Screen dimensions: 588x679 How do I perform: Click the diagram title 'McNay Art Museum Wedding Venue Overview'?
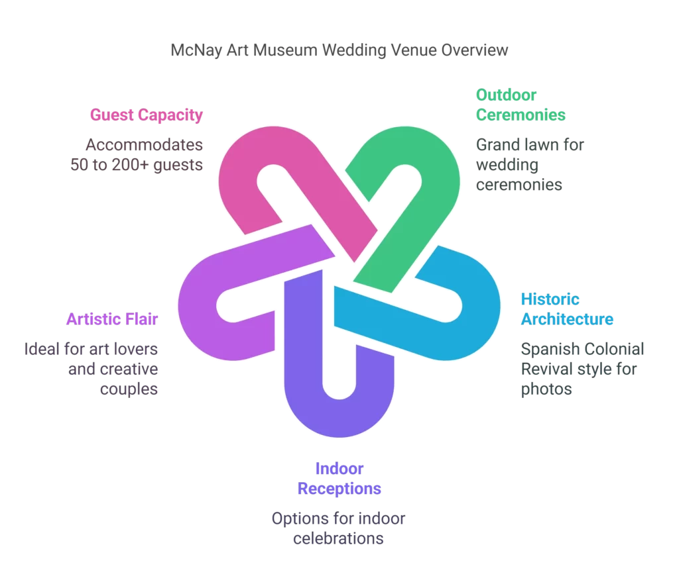339,50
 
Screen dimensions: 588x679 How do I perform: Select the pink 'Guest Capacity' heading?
147,115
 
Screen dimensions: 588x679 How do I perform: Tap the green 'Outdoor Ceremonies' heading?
521,105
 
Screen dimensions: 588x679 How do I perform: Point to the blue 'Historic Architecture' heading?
567,309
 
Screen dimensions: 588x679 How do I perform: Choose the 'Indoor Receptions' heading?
339,479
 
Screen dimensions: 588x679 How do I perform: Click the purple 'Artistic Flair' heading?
112,319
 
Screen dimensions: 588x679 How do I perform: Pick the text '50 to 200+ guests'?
137,165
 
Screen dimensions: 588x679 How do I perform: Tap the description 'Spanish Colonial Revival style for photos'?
582,368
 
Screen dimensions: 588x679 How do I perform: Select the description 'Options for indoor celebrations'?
338,528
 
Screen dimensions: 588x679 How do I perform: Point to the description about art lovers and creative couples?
92,368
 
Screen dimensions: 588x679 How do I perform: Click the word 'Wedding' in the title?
351,50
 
